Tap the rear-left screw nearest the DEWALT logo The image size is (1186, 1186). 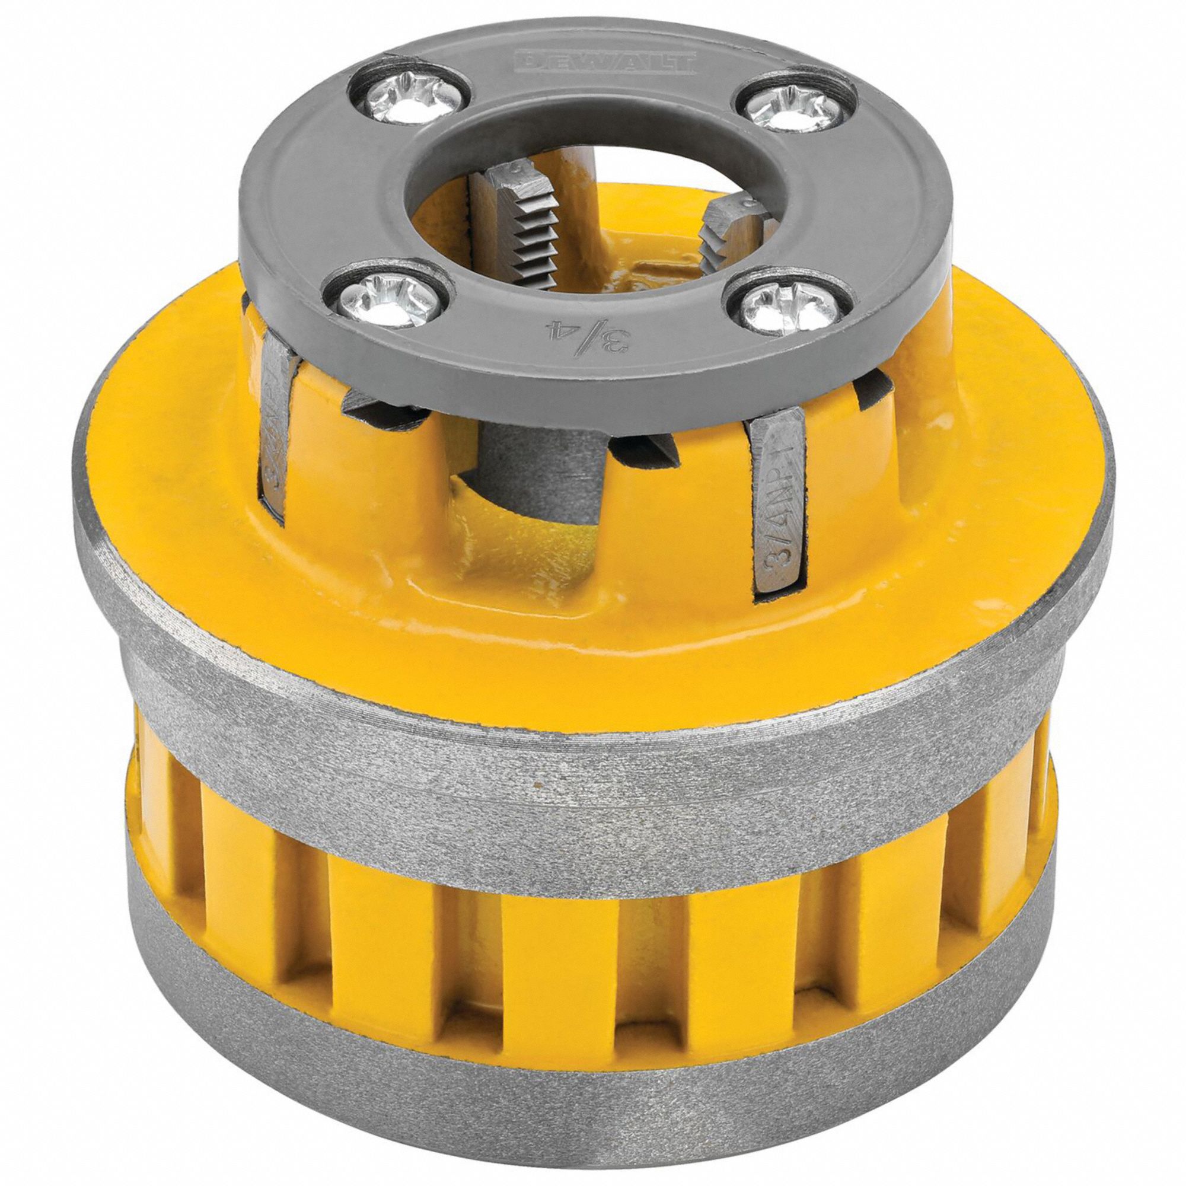pyautogui.click(x=409, y=98)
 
